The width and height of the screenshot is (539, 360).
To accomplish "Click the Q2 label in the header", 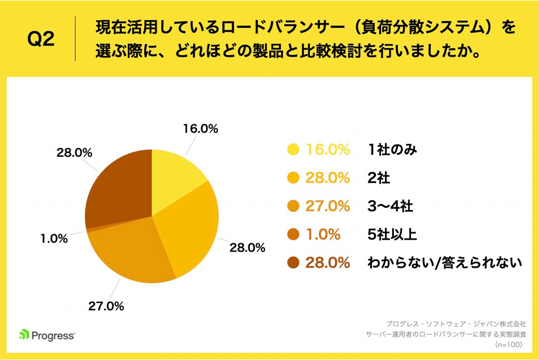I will (x=41, y=39).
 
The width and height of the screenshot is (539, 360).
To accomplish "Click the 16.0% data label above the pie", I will (x=200, y=129).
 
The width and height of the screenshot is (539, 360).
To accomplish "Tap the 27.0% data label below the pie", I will (x=106, y=306).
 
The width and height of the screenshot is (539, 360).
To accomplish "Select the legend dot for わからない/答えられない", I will (x=293, y=263).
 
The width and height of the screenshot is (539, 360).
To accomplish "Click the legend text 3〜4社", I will (x=389, y=206).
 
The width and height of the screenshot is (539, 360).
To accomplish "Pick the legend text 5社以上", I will (x=392, y=235).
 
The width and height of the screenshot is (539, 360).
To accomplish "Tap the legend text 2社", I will (x=378, y=178).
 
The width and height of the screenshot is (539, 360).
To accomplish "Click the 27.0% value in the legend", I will (x=327, y=206).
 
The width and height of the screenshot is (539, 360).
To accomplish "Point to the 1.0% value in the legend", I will (x=323, y=235).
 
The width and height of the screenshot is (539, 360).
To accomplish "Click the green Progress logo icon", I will (x=24, y=334).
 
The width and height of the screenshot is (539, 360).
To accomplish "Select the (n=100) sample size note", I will (x=510, y=345).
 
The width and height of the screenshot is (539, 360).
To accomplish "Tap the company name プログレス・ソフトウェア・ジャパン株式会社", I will (x=456, y=323).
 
